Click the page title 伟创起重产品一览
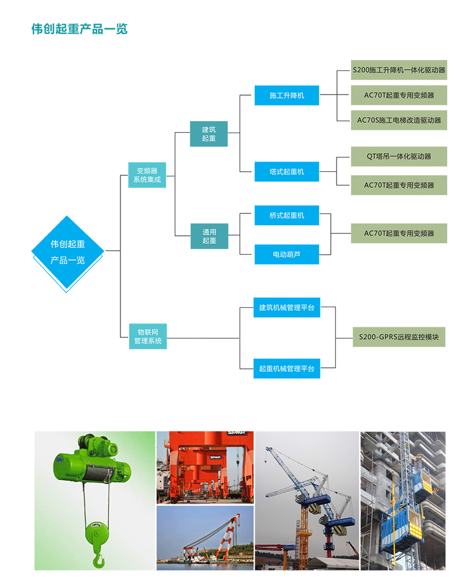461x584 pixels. click(x=80, y=29)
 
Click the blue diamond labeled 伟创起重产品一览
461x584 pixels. click(x=67, y=252)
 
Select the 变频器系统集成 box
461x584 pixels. click(x=147, y=175)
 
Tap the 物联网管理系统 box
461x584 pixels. click(x=147, y=336)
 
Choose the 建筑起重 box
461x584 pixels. click(x=209, y=134)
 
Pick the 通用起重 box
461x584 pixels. click(x=209, y=236)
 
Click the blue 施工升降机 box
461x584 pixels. click(x=286, y=95)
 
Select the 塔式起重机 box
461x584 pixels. click(x=286, y=171)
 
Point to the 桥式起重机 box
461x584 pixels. click(x=286, y=215)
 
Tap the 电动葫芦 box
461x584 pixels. click(x=286, y=254)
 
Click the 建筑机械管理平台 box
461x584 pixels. click(x=286, y=307)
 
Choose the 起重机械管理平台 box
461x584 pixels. click(x=286, y=368)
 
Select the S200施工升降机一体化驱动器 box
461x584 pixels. click(x=399, y=70)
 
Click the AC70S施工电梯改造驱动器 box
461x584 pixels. click(x=399, y=120)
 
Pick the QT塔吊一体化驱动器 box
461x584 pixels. click(x=399, y=156)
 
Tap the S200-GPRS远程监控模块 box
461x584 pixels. click(x=399, y=337)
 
